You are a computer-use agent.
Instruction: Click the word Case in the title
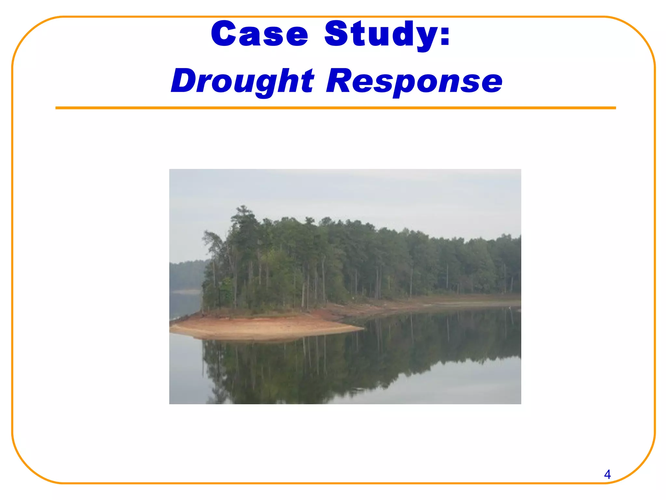pyautogui.click(x=259, y=34)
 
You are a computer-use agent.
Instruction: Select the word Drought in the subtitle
pyautogui.click(x=242, y=81)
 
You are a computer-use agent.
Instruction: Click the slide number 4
pyautogui.click(x=607, y=475)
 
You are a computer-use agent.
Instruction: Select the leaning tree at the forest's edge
pyautogui.click(x=211, y=241)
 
